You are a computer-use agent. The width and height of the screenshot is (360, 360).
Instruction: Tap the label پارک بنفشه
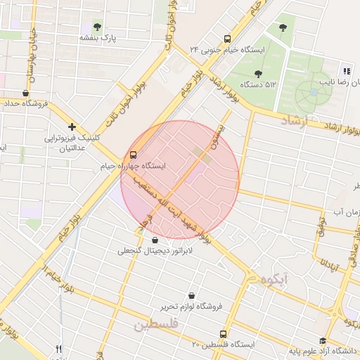coord(97,37)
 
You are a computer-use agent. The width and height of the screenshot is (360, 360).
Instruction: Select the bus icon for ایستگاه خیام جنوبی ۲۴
coord(226,39)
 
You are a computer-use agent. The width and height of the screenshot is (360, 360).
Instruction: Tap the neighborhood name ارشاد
coord(295,122)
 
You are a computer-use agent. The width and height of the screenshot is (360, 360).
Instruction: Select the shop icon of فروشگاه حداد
coord(26,93)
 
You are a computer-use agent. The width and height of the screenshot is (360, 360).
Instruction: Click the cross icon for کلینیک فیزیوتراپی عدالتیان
coord(72,127)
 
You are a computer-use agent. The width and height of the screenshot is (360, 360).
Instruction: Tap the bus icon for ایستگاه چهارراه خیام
coord(133,155)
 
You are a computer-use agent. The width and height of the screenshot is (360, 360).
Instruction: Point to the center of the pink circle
coord(180,180)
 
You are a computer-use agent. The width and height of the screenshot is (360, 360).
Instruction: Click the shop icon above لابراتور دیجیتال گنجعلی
coord(155,240)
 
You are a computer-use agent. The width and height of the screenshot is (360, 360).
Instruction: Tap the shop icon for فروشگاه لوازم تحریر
coord(192,296)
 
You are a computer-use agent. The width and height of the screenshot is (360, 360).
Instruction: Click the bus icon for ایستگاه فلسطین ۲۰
coord(224,335)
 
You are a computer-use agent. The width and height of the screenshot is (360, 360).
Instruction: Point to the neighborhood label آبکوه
coord(274,279)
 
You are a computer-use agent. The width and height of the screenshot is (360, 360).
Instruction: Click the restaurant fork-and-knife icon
coord(59,349)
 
